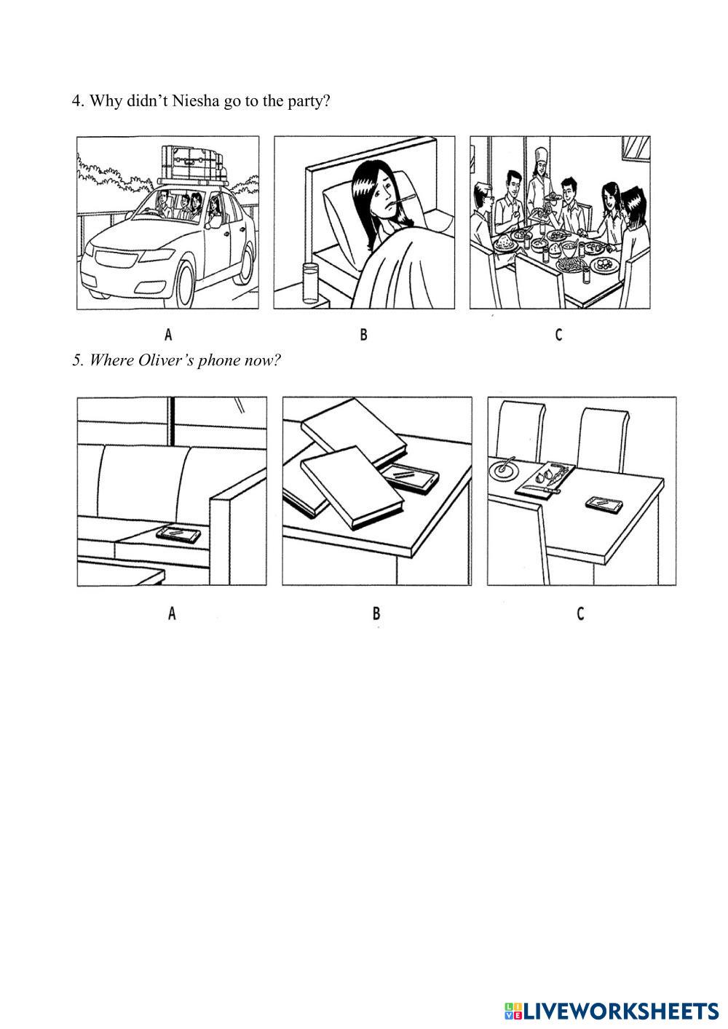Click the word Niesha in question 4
[195, 101]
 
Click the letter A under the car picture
[168, 335]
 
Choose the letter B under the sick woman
[363, 335]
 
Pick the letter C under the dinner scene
[558, 335]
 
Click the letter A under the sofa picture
[172, 612]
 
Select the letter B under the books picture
[376, 613]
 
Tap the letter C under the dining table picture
[580, 613]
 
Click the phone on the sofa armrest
[179, 534]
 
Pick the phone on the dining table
[604, 504]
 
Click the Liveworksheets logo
[612, 1011]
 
